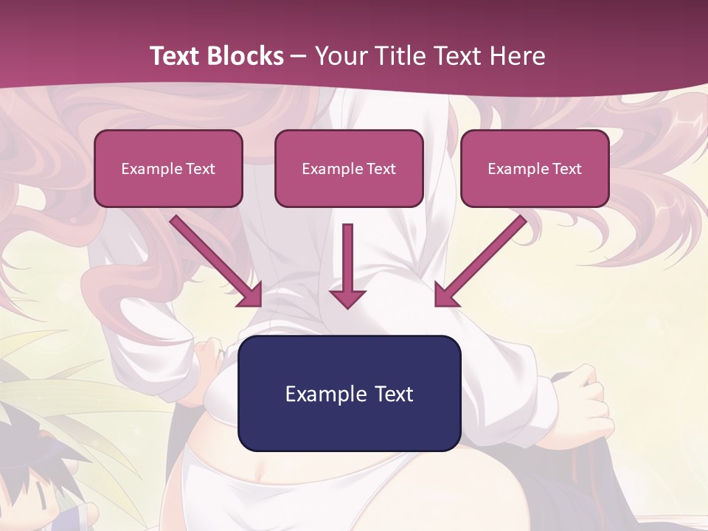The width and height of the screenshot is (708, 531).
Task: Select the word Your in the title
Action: [341, 56]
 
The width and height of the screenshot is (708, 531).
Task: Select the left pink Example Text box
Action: [168, 168]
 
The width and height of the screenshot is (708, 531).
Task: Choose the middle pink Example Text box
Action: [349, 168]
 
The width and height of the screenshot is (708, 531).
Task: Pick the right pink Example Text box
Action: [535, 168]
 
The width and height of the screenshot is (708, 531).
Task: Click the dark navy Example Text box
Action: [349, 393]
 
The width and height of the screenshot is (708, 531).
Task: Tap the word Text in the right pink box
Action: [567, 169]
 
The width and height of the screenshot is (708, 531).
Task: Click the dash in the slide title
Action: [299, 56]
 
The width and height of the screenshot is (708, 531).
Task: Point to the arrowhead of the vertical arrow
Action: [347, 298]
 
